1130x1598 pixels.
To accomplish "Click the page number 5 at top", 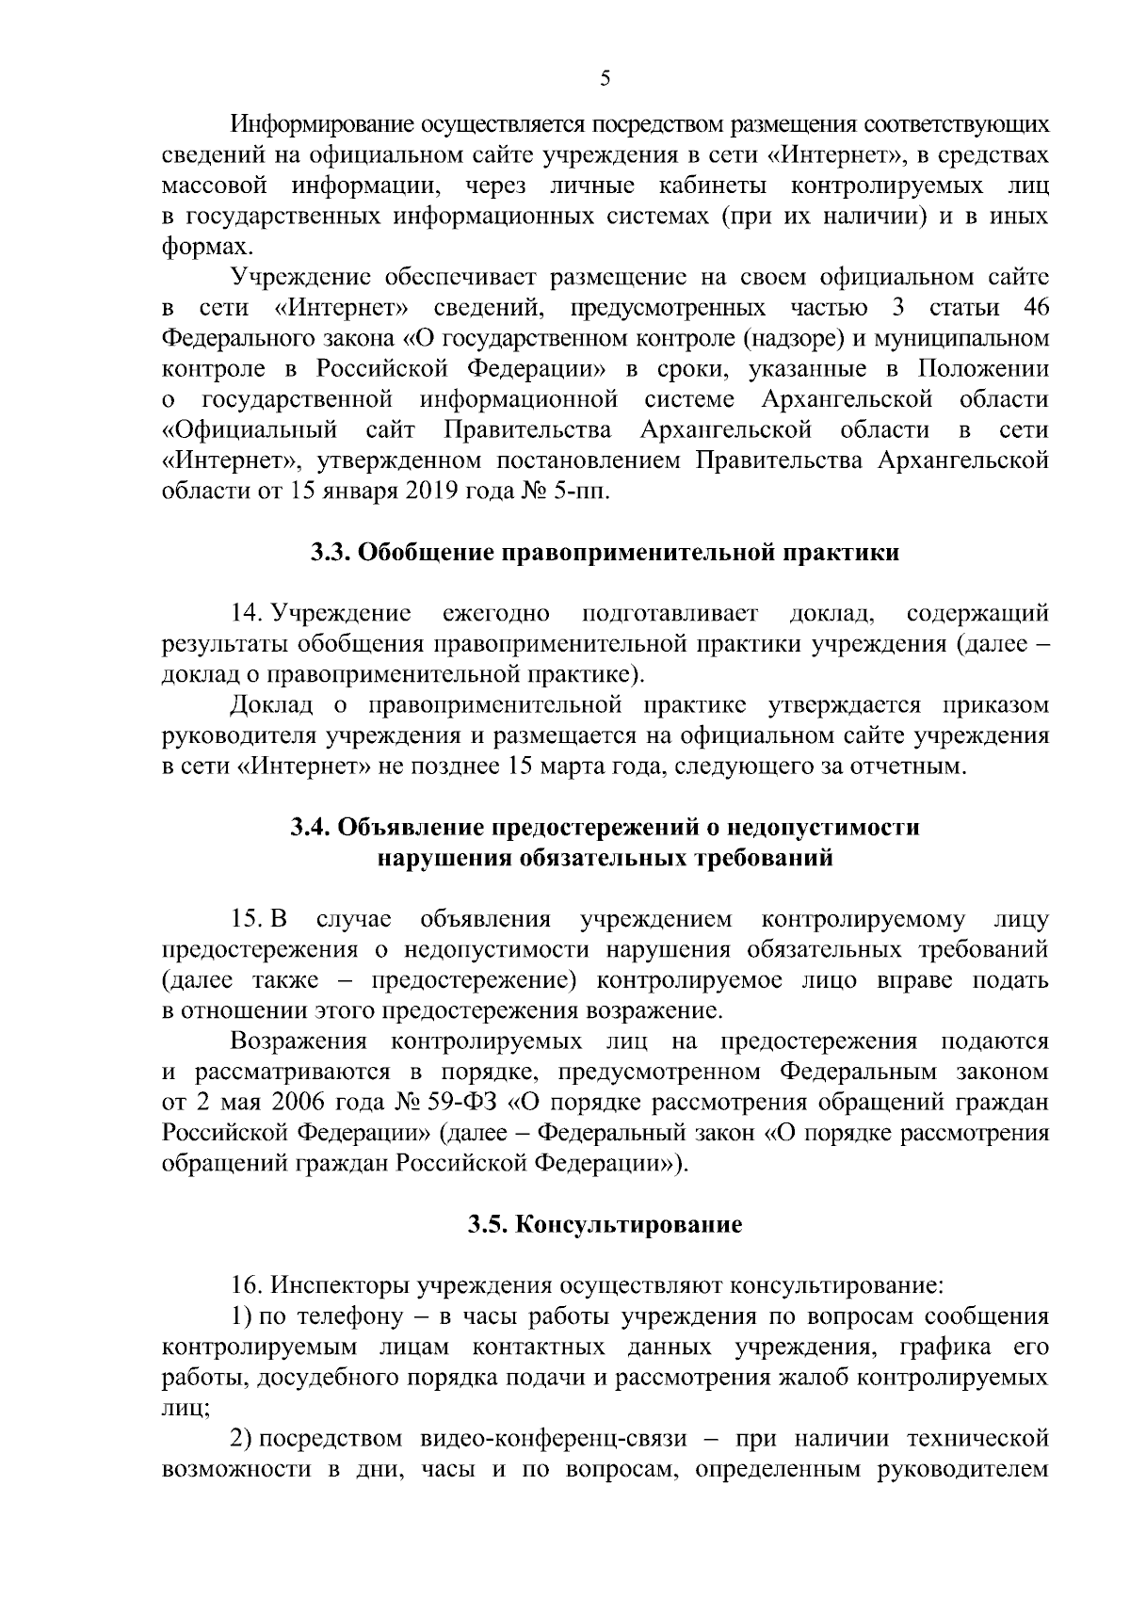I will pyautogui.click(x=605, y=80).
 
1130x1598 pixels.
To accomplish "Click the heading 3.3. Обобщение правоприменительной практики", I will pyautogui.click(x=605, y=553).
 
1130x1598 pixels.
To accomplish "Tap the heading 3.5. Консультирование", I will pyautogui.click(x=605, y=1225).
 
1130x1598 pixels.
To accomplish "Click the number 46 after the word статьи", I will pyautogui.click(x=1034, y=308).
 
